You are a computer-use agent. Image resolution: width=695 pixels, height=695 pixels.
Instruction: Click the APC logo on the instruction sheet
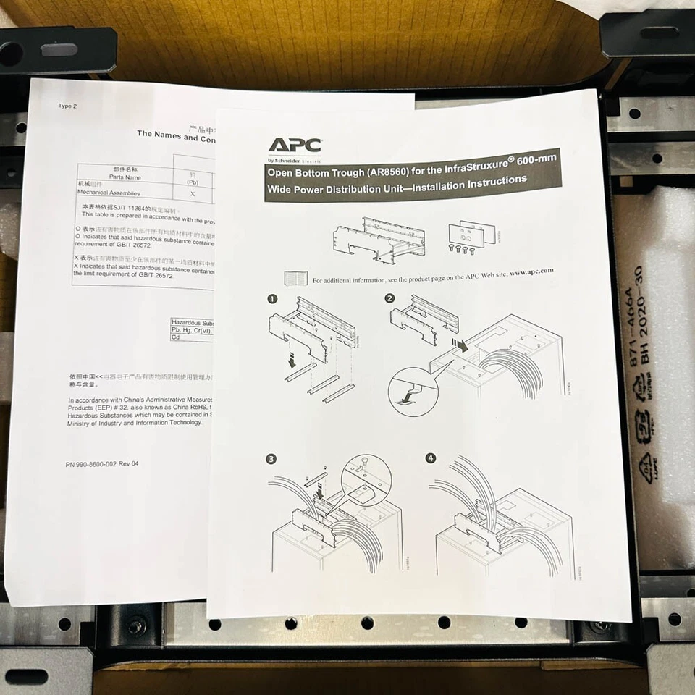[x=295, y=146]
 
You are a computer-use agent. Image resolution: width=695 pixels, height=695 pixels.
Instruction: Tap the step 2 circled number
[x=390, y=298]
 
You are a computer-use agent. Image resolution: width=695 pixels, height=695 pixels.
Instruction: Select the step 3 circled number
[x=271, y=459]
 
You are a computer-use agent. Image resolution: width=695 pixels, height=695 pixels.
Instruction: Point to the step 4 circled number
[x=431, y=458]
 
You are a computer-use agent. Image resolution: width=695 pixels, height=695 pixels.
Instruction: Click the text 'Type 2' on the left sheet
[x=66, y=106]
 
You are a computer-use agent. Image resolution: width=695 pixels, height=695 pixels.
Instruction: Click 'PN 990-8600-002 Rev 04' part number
[x=101, y=464]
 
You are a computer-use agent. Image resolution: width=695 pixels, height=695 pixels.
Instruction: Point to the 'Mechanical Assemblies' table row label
[x=109, y=193]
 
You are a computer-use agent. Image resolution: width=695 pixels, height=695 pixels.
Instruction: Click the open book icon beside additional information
[x=296, y=279]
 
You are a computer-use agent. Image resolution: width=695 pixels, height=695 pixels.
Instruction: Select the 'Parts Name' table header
[x=125, y=176]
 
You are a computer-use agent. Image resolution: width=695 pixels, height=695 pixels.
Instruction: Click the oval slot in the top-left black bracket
[x=59, y=50]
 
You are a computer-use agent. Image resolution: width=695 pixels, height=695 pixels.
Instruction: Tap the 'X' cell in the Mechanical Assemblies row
[x=193, y=193]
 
